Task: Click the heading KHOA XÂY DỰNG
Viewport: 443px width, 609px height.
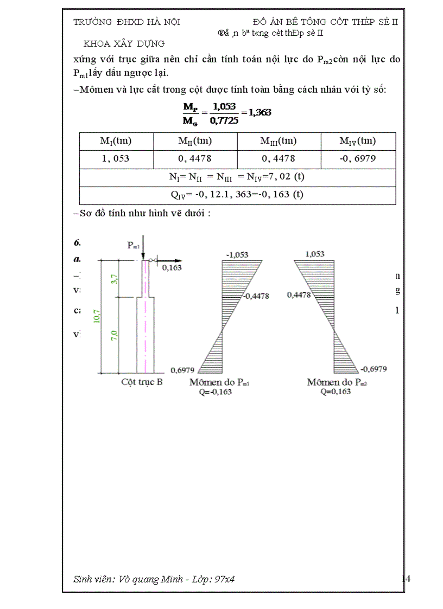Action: pos(124,43)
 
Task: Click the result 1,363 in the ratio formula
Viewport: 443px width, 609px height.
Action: pos(260,112)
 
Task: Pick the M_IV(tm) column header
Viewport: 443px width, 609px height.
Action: pos(357,141)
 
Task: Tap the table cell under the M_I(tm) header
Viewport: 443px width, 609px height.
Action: pos(116,159)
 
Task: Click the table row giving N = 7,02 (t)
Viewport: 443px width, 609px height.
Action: pos(237,177)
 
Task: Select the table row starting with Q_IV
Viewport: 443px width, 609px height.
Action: pos(237,195)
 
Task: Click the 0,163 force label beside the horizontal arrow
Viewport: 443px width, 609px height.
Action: pos(172,267)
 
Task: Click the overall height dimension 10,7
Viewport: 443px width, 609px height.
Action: pos(96,317)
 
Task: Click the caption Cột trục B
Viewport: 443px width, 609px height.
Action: pos(142,382)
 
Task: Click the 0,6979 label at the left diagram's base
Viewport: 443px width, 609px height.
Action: pos(182,370)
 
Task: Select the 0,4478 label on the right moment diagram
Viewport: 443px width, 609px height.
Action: pos(299,294)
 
